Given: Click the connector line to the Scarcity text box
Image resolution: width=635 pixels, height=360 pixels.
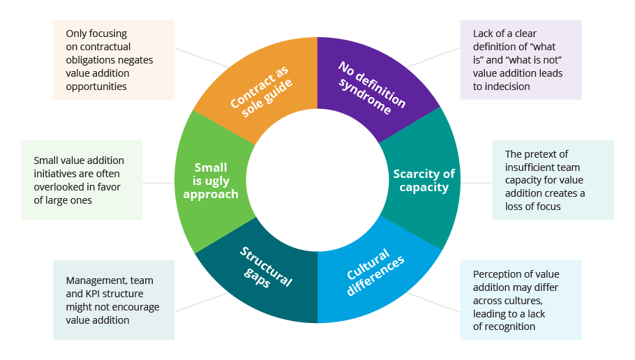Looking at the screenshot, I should point(476,183).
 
